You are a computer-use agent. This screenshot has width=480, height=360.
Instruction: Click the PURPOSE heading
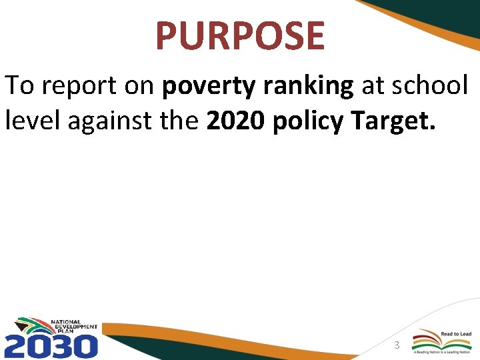(240, 36)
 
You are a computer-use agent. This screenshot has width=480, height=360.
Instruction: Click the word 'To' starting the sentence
(17, 87)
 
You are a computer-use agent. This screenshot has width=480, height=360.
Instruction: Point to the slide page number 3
(397, 345)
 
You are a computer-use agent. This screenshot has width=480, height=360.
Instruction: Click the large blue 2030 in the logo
(51, 346)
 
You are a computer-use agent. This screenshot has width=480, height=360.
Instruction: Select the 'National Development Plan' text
(74, 327)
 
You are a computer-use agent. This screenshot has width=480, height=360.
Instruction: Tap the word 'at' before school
(371, 87)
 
